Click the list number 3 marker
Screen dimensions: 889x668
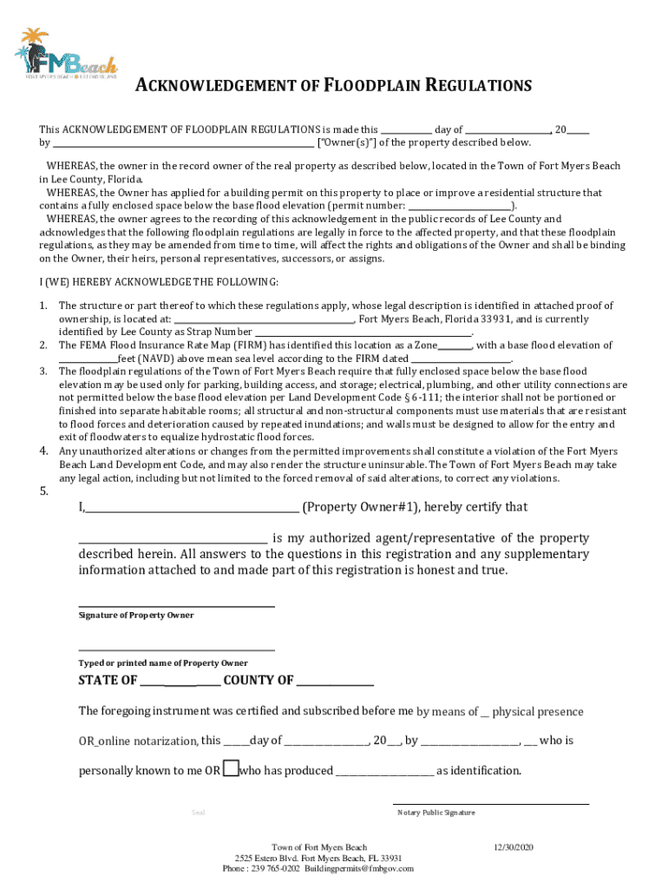coord(43,371)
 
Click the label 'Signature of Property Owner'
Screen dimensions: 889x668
coord(136,616)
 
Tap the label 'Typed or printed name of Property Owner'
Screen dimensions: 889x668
coord(162,663)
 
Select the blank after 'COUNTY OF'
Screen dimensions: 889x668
coord(336,682)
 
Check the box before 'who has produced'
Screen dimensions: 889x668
coord(230,768)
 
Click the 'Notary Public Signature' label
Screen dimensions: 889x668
coord(436,813)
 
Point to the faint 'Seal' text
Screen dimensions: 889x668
coord(198,813)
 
